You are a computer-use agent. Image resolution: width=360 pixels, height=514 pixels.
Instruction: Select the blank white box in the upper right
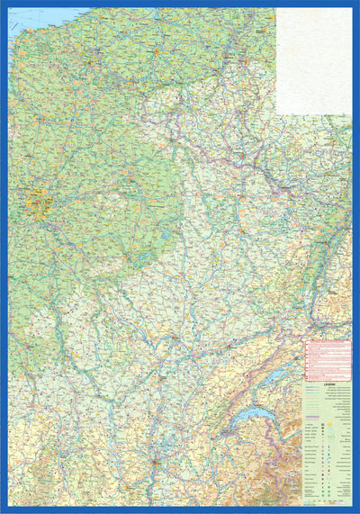313,60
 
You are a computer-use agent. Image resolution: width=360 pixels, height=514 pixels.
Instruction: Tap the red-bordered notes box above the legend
328,358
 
